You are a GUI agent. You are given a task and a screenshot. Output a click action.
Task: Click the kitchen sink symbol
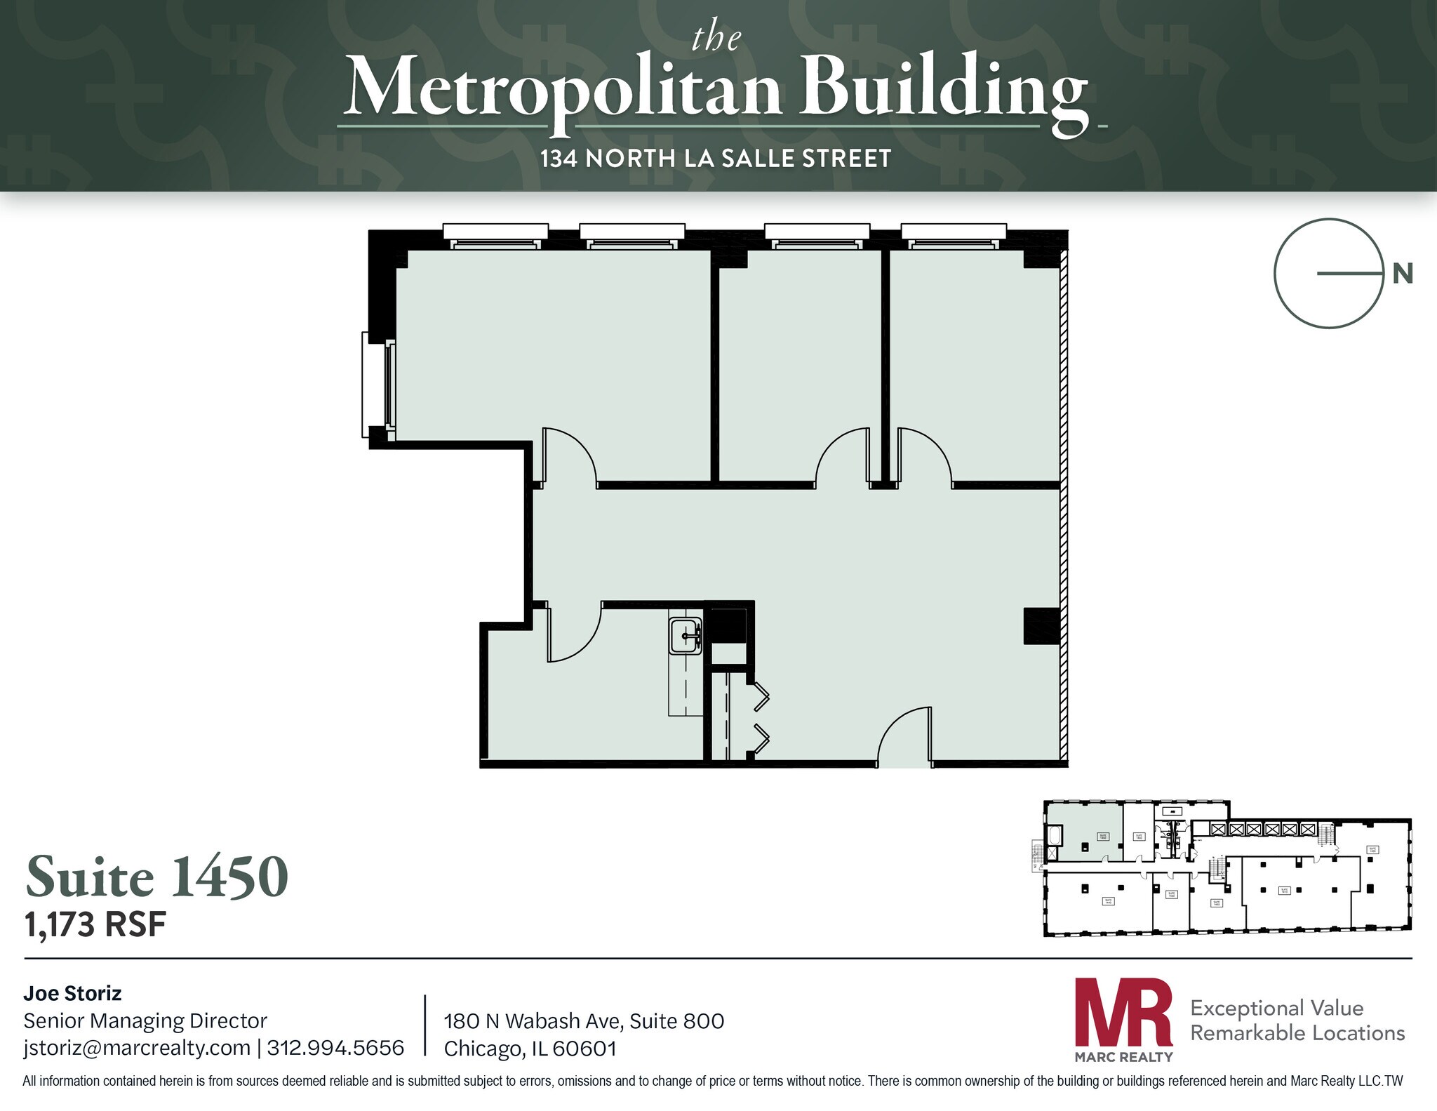click(686, 637)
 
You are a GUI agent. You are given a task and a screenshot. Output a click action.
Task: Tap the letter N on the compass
click(1402, 273)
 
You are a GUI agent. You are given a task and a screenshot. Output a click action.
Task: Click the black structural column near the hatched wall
click(1041, 626)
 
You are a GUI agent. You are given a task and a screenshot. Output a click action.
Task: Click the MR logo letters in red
click(1123, 1013)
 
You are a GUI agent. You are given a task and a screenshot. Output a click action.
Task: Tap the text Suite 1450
click(157, 877)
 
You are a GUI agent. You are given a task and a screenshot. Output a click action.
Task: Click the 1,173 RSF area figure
click(95, 924)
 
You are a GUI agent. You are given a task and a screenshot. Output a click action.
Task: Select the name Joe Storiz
click(72, 993)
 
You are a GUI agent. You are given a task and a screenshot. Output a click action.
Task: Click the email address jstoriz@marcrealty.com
click(137, 1048)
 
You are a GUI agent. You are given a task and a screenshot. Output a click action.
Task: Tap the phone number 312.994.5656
click(335, 1048)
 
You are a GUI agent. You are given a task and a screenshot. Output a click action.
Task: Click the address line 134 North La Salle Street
click(716, 159)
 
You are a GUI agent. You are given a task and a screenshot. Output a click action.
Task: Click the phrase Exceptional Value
click(1276, 1008)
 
